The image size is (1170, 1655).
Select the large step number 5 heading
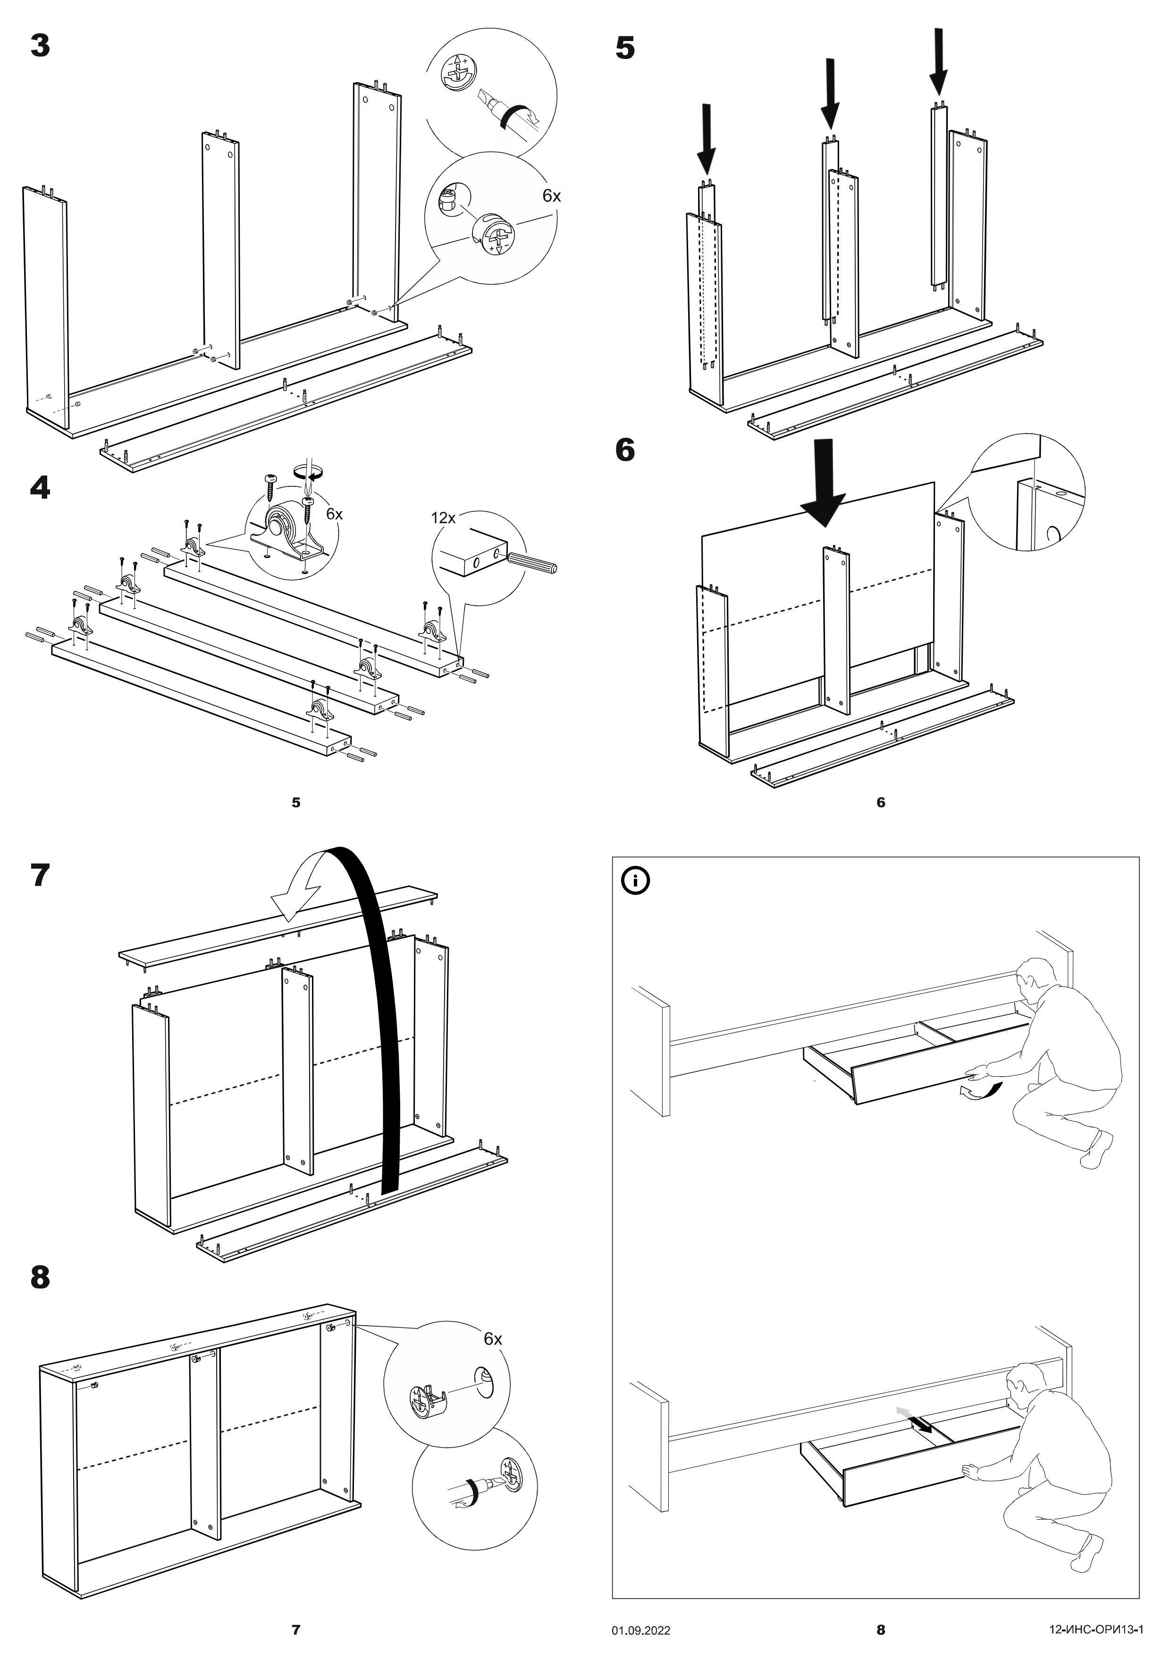(625, 48)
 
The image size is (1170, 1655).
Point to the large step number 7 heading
(41, 875)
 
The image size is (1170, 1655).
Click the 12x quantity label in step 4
(443, 518)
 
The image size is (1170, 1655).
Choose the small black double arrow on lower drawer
(921, 1424)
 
